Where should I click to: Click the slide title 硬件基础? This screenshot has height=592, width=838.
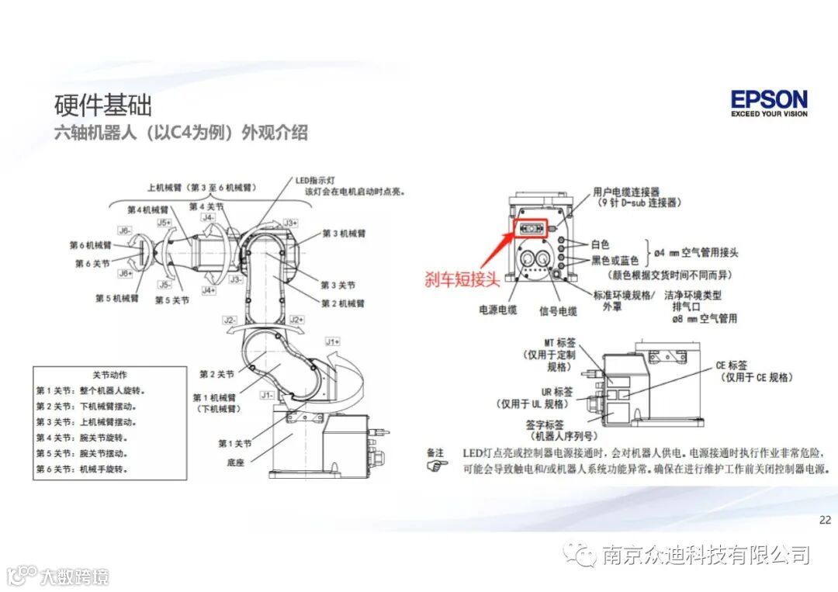click(102, 105)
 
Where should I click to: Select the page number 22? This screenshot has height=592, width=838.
click(825, 520)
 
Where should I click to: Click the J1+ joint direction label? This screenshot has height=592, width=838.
click(332, 341)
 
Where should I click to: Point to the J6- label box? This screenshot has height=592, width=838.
click(124, 230)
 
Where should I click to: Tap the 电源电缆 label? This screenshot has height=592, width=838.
click(497, 311)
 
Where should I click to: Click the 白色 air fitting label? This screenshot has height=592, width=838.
click(601, 244)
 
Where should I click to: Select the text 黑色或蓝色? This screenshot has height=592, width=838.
click(615, 260)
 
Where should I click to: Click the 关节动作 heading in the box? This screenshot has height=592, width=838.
click(109, 374)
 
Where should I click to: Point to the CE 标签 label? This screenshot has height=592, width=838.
click(732, 365)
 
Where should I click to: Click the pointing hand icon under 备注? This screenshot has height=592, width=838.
click(438, 466)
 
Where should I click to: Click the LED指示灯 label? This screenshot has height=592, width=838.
click(314, 180)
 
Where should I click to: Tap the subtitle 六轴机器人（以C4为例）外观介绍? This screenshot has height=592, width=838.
click(181, 133)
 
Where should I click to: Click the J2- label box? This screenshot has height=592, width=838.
click(229, 320)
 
